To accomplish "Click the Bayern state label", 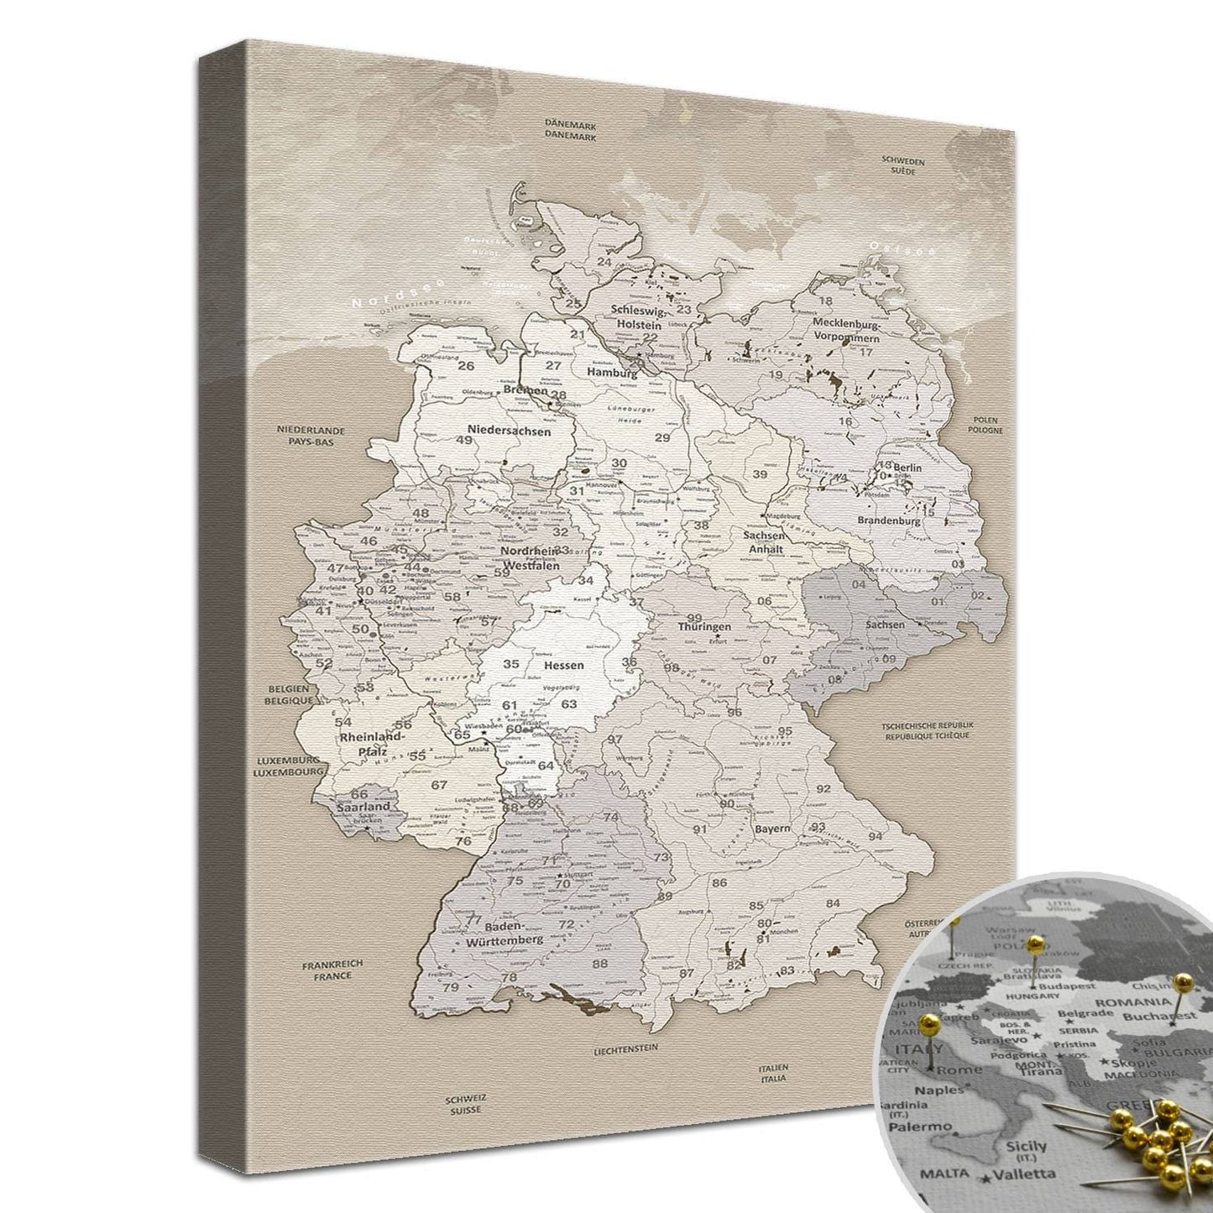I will (x=771, y=829).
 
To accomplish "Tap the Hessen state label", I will (x=563, y=665).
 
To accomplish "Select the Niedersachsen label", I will (x=510, y=431).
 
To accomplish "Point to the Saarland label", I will (x=363, y=807).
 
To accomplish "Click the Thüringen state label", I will (x=705, y=626).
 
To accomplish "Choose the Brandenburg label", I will (x=888, y=520).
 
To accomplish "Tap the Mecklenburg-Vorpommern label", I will (x=844, y=330).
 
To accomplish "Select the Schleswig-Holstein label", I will (x=636, y=316).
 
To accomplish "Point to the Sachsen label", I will (x=886, y=625).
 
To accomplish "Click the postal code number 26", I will (x=466, y=366).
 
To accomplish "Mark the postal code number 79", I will (x=450, y=987).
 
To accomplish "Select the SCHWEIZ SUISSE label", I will (x=464, y=1103).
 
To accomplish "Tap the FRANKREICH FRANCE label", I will (x=332, y=970).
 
